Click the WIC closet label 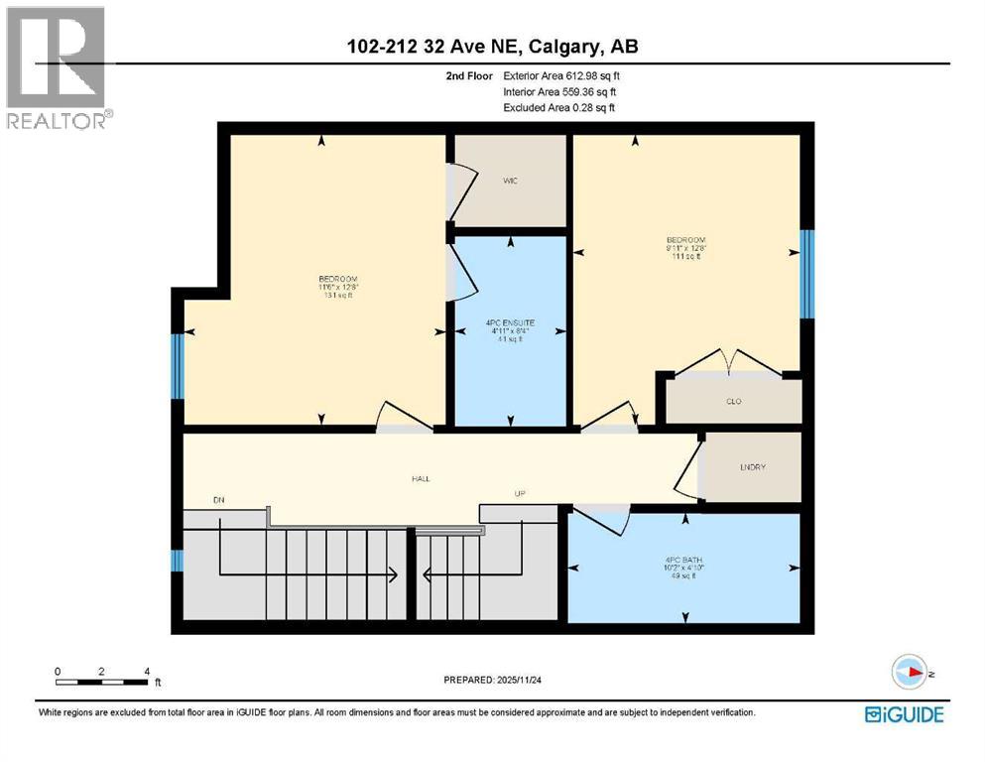pyautogui.click(x=511, y=181)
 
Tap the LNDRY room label pyautogui.click(x=753, y=466)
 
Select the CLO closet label pyautogui.click(x=734, y=401)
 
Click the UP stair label pyautogui.click(x=519, y=493)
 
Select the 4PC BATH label pyautogui.click(x=684, y=559)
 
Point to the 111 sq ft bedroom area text pyautogui.click(x=684, y=257)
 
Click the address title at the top pyautogui.click(x=493, y=46)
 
